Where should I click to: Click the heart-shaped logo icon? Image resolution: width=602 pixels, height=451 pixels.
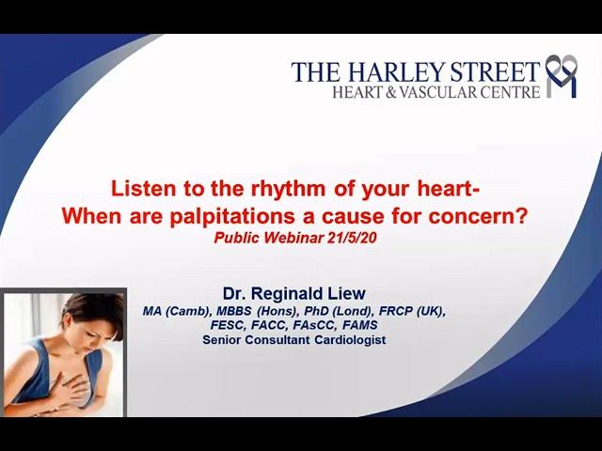[562, 76]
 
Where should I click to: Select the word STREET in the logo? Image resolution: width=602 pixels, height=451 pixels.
[496, 71]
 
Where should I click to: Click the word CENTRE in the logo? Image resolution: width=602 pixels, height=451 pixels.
[515, 92]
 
